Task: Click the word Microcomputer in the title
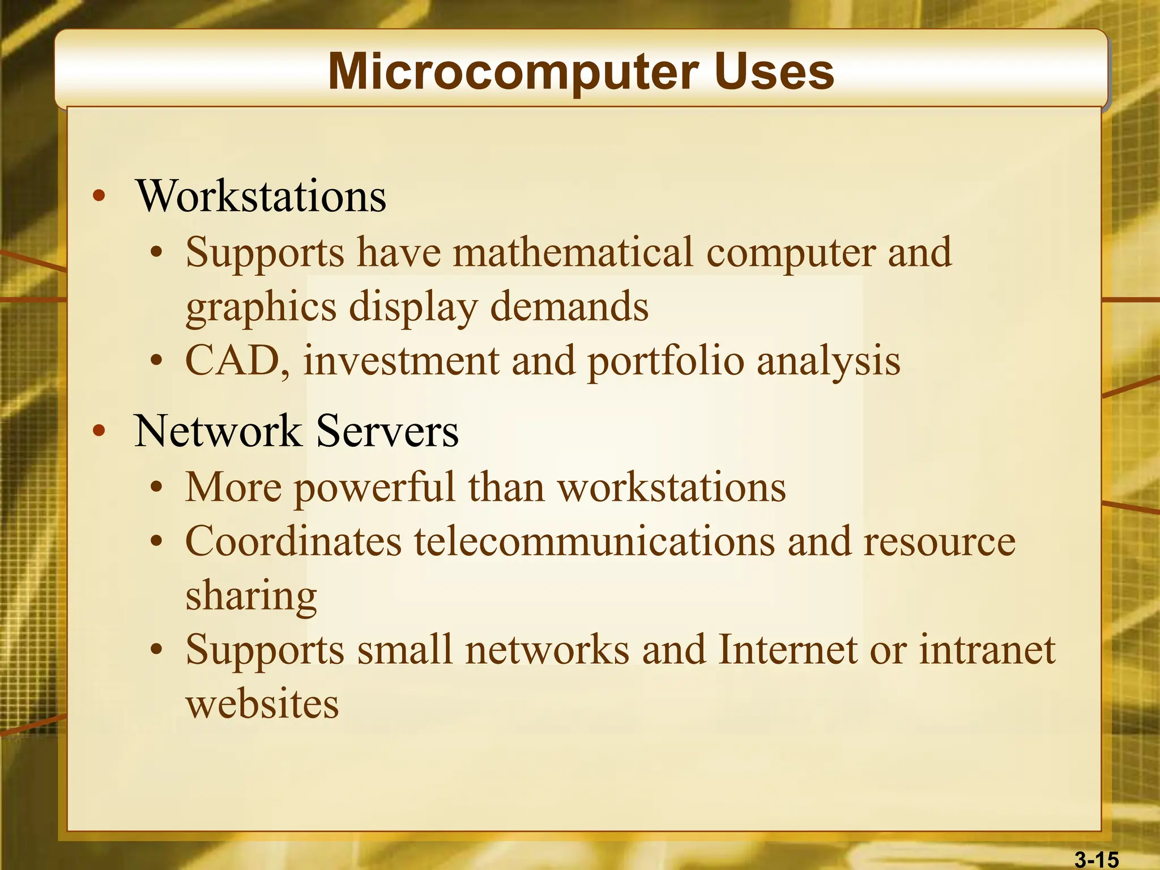click(512, 72)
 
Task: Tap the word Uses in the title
click(774, 72)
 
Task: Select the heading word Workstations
click(261, 196)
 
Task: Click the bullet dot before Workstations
click(99, 197)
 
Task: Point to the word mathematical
click(573, 252)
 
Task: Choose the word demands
click(569, 306)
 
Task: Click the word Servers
click(387, 431)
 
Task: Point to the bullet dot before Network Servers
click(99, 431)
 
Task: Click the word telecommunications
click(594, 541)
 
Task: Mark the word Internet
click(788, 649)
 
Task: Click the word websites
click(262, 704)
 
